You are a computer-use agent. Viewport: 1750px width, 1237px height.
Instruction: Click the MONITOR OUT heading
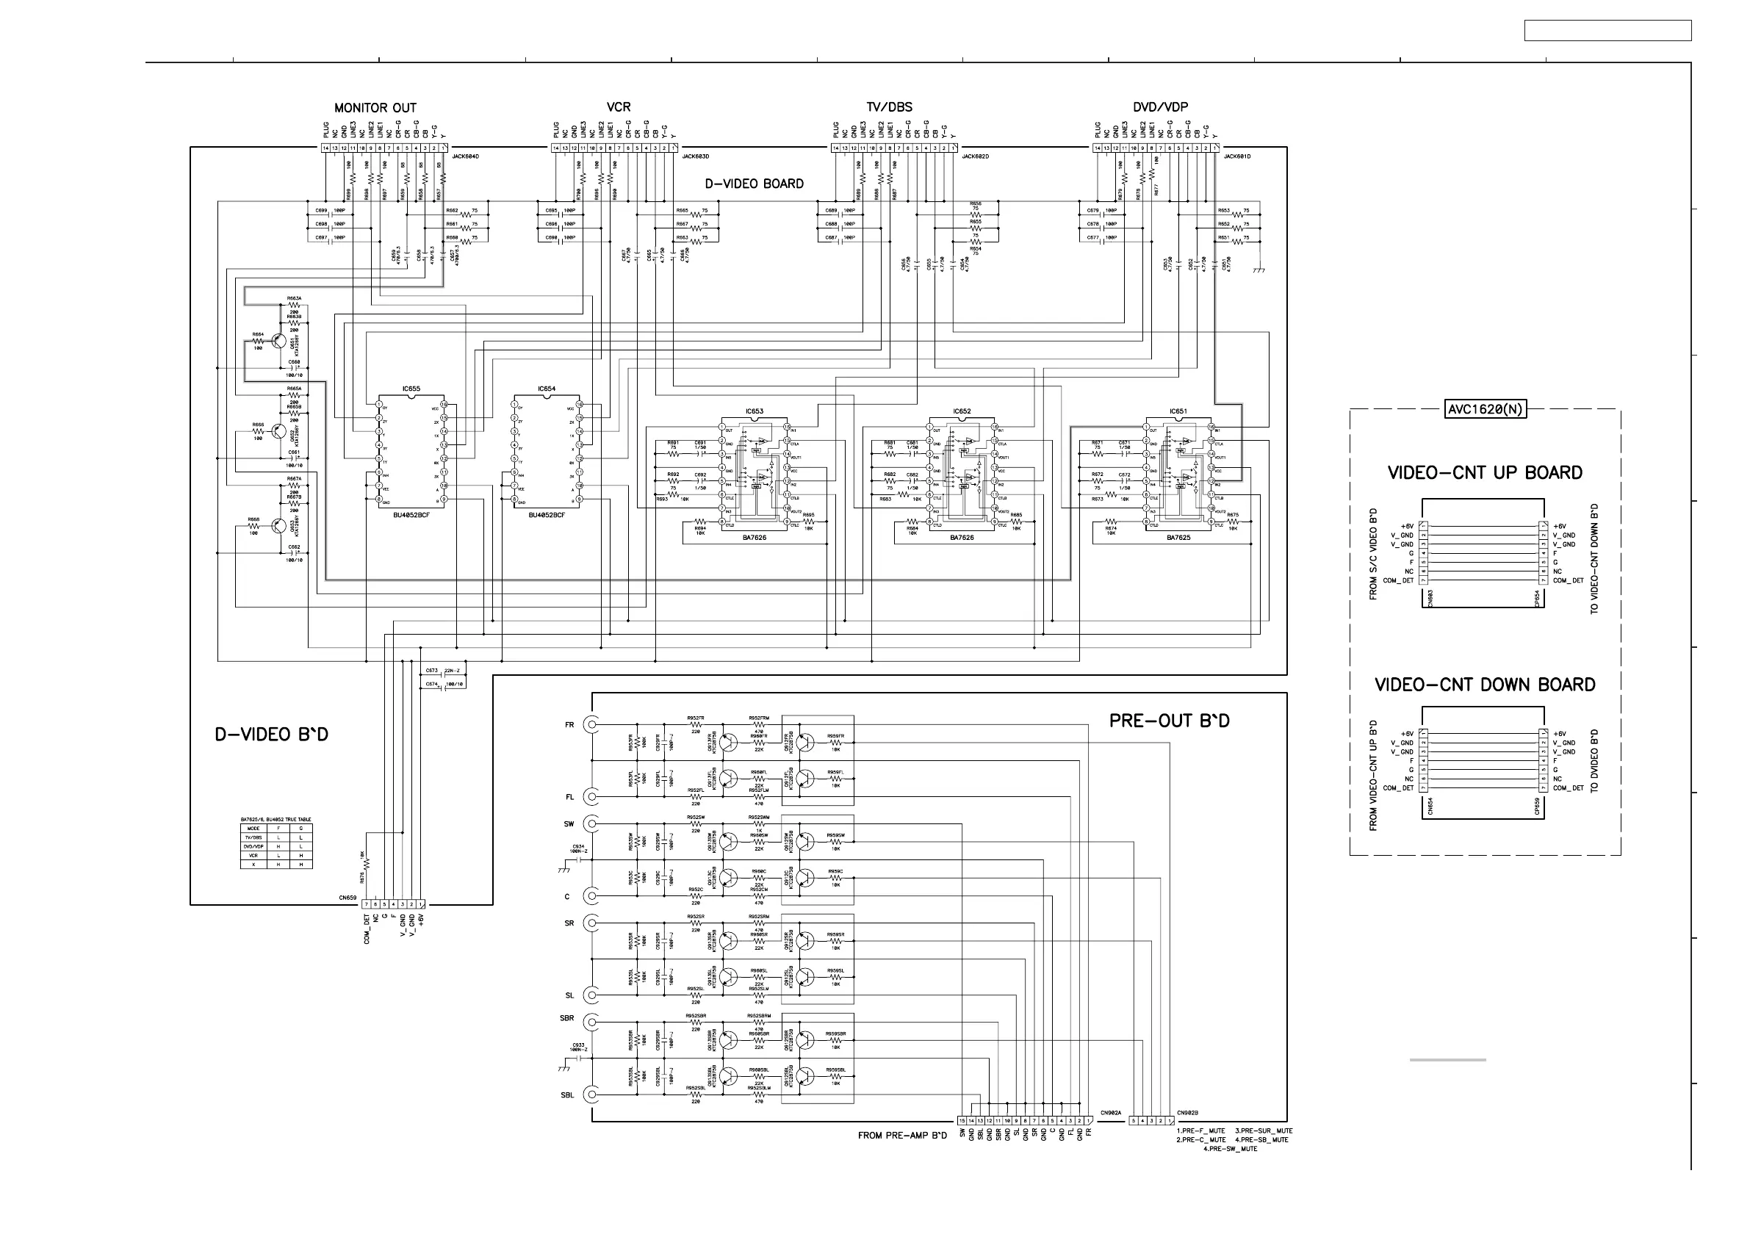(375, 108)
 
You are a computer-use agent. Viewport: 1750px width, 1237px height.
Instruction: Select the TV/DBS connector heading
(889, 107)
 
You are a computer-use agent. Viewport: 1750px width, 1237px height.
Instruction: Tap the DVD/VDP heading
(1160, 107)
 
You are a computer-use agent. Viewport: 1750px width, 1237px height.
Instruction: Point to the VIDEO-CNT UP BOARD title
(1485, 473)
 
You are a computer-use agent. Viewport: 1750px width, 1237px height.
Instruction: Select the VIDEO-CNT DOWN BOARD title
(1485, 685)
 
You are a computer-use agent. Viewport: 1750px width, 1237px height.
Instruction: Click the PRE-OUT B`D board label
(1168, 721)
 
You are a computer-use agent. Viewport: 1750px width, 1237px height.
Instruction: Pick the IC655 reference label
(411, 389)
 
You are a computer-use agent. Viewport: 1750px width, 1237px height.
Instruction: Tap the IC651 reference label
(1178, 411)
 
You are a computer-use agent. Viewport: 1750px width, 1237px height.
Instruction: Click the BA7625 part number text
(1178, 537)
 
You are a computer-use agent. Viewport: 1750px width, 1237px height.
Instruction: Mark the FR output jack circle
(591, 724)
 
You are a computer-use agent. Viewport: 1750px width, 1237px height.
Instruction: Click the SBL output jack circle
(591, 1095)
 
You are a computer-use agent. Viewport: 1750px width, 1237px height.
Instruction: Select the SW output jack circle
(591, 824)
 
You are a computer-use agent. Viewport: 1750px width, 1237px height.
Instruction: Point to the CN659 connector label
(348, 898)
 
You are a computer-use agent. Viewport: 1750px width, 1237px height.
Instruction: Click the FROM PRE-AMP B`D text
(902, 1136)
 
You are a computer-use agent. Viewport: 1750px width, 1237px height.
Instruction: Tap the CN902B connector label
(1187, 1113)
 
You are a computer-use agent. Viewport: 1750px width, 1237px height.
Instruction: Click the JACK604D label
(465, 156)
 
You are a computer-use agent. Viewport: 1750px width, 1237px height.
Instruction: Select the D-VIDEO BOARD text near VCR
(754, 184)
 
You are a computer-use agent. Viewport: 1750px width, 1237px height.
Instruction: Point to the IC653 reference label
(754, 411)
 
